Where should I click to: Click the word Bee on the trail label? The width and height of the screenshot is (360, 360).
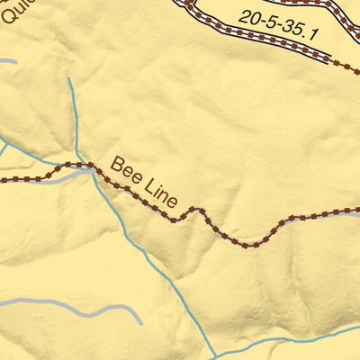coord(126,169)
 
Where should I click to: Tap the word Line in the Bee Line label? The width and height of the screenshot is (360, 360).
coord(157,191)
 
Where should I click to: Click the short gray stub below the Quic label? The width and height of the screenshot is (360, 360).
coord(7,61)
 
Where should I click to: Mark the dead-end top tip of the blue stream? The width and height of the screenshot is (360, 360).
coord(68,78)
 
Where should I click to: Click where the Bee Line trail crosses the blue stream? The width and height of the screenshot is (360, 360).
coord(93,167)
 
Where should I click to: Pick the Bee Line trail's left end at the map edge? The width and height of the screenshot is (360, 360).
coord(3,180)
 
